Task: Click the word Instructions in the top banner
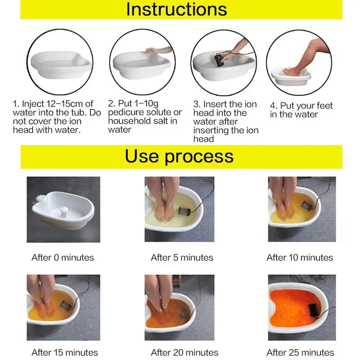(x=176, y=9)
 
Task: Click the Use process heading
(x=179, y=156)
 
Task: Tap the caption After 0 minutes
(x=63, y=257)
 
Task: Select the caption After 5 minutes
(x=182, y=257)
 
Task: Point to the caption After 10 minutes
(x=300, y=257)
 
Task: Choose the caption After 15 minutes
(x=65, y=352)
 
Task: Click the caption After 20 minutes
(x=184, y=352)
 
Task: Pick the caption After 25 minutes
(x=300, y=352)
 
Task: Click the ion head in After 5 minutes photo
(x=184, y=211)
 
